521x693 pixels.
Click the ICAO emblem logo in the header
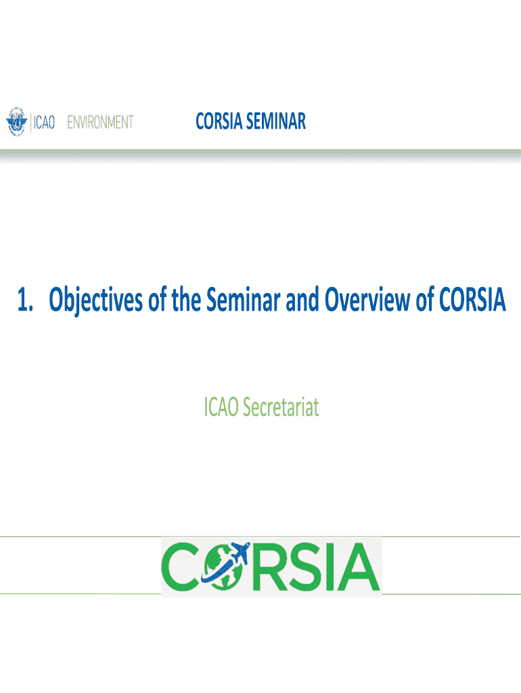coord(17,121)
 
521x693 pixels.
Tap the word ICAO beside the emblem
coord(44,122)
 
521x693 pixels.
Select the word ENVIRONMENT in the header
coord(100,122)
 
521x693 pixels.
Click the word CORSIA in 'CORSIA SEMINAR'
coord(219,121)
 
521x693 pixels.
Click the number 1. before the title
coord(25,300)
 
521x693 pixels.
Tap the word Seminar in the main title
coord(243,298)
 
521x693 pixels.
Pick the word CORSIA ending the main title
coord(472,299)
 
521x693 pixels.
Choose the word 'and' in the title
coord(302,299)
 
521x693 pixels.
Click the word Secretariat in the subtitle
coord(281,407)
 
